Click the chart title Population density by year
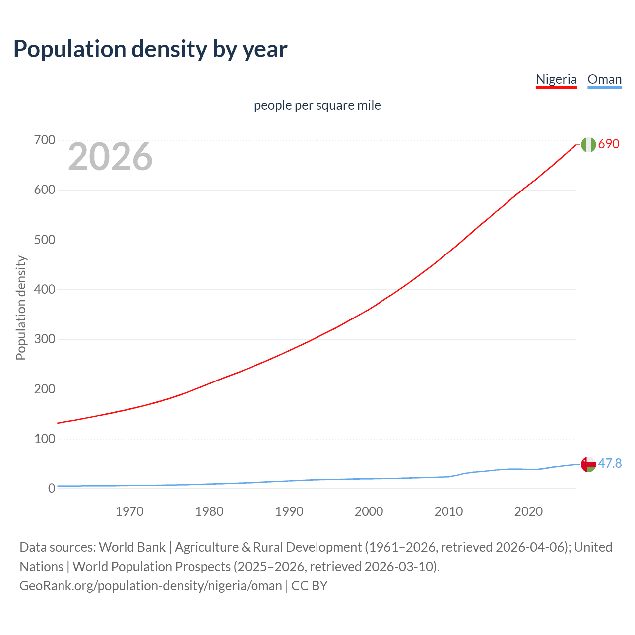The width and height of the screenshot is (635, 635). (150, 49)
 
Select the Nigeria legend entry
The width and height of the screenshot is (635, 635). (556, 79)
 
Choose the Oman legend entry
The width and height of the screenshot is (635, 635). (604, 79)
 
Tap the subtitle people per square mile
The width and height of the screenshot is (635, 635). (317, 105)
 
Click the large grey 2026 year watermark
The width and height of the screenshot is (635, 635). (110, 157)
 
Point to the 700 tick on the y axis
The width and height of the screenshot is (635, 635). (45, 140)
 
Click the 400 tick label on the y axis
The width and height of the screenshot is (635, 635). (45, 290)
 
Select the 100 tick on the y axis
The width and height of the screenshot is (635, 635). (45, 439)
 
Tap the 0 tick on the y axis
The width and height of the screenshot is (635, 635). (52, 489)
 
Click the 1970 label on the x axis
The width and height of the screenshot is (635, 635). (129, 511)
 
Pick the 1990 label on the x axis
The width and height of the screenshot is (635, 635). (289, 511)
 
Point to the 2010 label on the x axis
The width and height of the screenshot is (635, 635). (448, 511)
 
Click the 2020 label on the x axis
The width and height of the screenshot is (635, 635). (528, 511)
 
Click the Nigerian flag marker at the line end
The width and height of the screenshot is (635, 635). (588, 144)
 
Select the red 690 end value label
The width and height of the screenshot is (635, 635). (609, 144)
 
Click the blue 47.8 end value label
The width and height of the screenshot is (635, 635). (610, 463)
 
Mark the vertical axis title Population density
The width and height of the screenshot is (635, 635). (21, 308)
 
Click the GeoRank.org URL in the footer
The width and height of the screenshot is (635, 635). (150, 586)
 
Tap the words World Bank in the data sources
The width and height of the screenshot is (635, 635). (132, 547)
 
